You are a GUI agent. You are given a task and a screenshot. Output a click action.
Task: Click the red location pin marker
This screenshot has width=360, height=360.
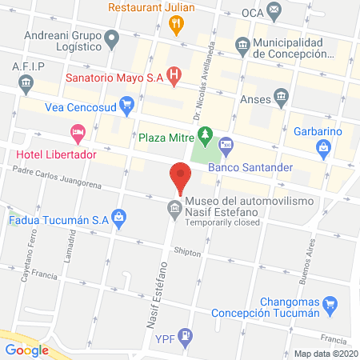pos(180,178)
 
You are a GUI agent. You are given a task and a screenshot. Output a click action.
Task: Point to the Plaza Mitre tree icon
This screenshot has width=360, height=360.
pos(207,136)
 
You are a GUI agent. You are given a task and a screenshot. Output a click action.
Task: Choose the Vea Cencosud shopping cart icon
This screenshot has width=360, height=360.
pos(126,103)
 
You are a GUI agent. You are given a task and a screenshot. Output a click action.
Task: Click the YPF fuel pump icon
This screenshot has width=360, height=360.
pos(185,334)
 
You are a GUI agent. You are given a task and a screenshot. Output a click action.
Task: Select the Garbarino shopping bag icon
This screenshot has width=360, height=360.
pos(324,147)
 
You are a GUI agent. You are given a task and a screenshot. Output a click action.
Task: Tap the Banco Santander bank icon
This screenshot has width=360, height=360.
pos(226,146)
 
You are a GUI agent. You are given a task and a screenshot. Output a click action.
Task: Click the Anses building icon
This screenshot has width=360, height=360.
pos(281,98)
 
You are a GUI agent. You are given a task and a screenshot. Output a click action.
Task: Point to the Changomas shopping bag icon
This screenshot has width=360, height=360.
pos(328,304)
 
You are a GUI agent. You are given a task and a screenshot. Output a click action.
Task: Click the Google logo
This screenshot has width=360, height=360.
pos(27,349)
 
